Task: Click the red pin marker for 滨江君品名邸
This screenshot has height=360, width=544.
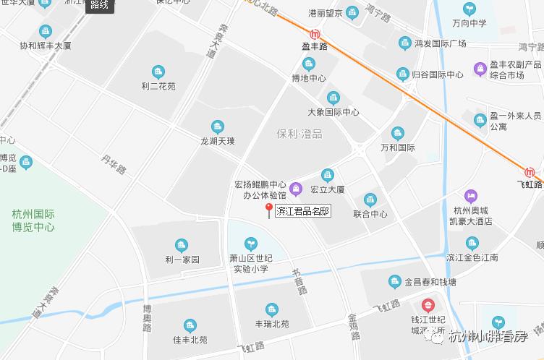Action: click(x=269, y=210)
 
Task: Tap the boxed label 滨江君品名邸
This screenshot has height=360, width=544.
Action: click(x=303, y=212)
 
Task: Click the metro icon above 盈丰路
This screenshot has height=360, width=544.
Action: click(x=314, y=34)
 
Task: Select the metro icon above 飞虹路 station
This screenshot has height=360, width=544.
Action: click(x=532, y=173)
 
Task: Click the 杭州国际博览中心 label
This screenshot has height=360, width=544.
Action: click(x=34, y=220)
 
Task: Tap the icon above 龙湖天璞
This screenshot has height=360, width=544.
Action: click(x=218, y=127)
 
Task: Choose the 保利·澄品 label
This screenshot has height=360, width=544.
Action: click(x=299, y=134)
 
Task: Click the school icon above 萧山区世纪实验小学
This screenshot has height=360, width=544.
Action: click(x=250, y=243)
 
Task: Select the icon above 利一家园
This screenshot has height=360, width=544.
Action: click(x=181, y=246)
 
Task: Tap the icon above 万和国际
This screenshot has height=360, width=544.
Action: click(x=397, y=134)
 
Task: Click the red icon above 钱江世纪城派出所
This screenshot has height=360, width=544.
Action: click(x=428, y=307)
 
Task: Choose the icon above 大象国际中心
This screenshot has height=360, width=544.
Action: click(x=333, y=98)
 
